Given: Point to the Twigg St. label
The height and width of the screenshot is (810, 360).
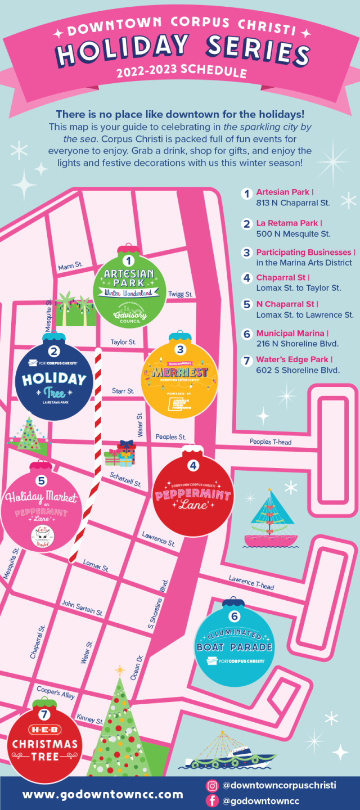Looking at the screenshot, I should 181,294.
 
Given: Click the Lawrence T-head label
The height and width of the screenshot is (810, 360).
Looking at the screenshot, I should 251,582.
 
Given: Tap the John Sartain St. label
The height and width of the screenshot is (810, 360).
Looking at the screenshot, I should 82,608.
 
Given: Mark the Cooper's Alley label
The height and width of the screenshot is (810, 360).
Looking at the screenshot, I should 56,692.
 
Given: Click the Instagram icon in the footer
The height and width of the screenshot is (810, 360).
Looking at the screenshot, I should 212,786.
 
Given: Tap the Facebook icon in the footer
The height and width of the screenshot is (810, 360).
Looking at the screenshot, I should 212,801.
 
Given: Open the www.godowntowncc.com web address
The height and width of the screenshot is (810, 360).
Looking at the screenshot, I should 102,794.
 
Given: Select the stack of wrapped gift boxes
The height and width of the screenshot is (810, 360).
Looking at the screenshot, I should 120,454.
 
